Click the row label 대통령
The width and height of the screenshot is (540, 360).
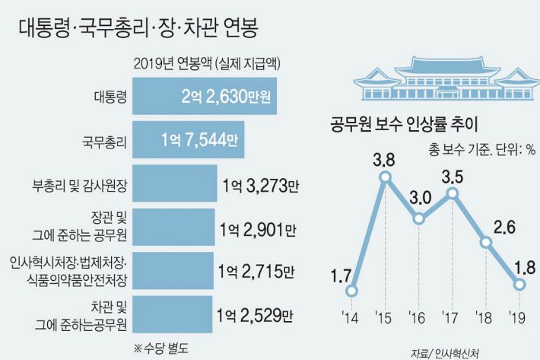pos(110,97)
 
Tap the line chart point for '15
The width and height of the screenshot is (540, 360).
pos(386,177)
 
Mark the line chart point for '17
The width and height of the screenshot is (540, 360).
pos(453,193)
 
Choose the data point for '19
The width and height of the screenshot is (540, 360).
pos(520,284)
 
